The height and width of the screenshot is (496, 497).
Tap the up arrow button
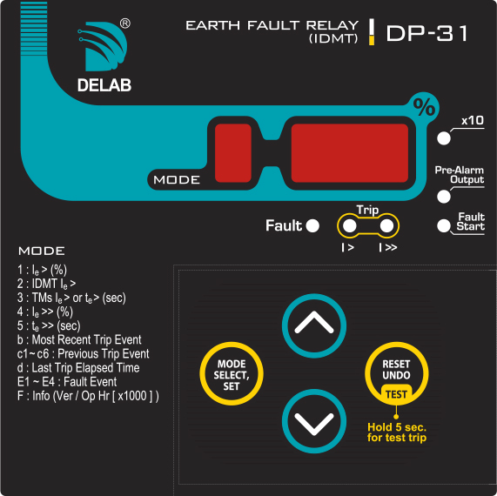coord(314,325)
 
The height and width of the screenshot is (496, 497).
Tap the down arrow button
coord(314,421)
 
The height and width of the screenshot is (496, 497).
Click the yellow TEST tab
coord(396,394)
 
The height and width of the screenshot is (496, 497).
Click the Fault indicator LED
coord(312,225)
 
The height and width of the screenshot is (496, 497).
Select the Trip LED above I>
coord(350,225)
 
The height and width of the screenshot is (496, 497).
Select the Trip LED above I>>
coord(386,225)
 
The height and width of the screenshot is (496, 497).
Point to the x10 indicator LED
coord(444,138)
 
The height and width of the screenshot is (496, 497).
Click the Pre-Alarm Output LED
coord(444,197)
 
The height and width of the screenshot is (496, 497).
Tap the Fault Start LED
coord(444,225)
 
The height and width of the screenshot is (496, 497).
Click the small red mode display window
coord(233,153)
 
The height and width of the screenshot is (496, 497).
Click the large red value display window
coord(350,153)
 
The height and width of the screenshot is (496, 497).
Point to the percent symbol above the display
coord(424,107)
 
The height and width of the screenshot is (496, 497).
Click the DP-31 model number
coord(426,33)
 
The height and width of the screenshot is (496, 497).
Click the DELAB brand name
coord(104,85)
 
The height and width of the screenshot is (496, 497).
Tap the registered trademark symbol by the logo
coord(125,23)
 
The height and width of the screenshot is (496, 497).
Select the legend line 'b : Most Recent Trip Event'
coord(79,339)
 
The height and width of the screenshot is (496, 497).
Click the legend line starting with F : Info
coord(88,396)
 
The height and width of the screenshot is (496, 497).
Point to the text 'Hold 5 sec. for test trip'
coord(397,432)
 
